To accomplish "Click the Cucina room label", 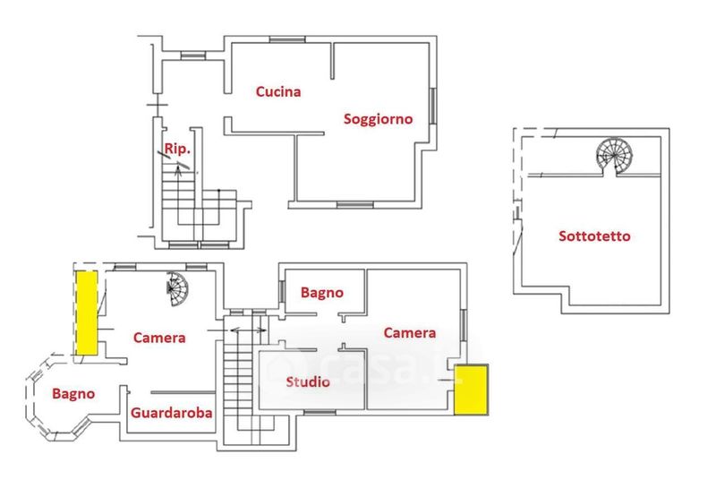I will [277, 91].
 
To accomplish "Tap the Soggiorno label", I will [378, 118].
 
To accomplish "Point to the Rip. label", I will [177, 149].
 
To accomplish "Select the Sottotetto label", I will [594, 236].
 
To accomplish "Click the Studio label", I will [308, 382].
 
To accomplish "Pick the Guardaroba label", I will [171, 413].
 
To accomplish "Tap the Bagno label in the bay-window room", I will [72, 392].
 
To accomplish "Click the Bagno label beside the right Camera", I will [322, 291].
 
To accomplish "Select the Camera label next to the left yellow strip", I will [159, 338].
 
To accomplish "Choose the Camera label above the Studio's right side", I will [410, 332].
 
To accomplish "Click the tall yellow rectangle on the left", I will [87, 312].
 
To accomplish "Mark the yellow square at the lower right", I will [471, 390].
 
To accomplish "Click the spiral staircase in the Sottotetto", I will [615, 156].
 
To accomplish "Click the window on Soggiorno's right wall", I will [433, 107].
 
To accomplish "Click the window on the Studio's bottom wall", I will [318, 411].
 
